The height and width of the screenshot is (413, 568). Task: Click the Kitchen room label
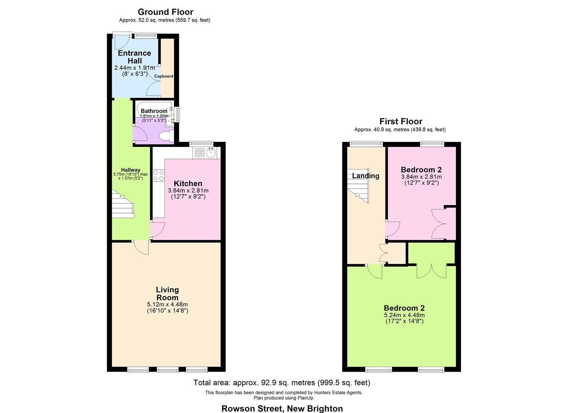click(x=188, y=184)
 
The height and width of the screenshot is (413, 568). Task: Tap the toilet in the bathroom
click(x=166, y=136)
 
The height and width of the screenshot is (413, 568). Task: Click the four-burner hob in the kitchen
click(x=158, y=175)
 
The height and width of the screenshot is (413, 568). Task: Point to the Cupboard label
click(x=164, y=76)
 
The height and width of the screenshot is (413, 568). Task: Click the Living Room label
click(x=167, y=294)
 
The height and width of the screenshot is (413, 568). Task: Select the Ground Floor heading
click(x=165, y=12)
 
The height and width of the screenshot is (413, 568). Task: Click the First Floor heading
click(x=400, y=121)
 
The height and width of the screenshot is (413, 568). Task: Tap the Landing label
click(x=366, y=176)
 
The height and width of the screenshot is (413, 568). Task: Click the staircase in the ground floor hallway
click(x=123, y=205)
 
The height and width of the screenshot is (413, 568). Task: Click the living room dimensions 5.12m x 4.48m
click(x=167, y=304)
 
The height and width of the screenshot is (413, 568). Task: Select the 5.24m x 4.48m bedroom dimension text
click(x=404, y=315)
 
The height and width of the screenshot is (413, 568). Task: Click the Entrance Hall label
click(x=134, y=57)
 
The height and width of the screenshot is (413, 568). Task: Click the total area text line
click(x=282, y=382)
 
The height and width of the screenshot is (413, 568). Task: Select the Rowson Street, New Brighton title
click(x=282, y=408)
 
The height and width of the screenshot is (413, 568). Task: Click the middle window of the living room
click(x=167, y=369)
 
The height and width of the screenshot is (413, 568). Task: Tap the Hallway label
click(x=130, y=170)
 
